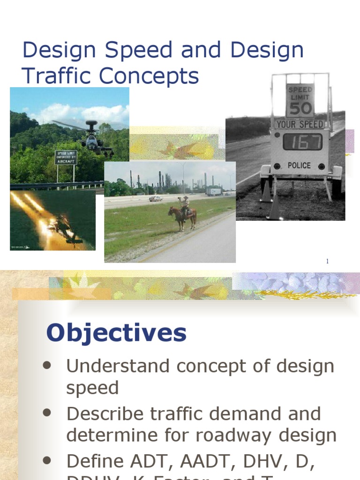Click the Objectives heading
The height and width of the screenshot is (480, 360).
pyautogui.click(x=116, y=333)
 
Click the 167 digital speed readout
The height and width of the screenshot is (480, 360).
pyautogui.click(x=302, y=142)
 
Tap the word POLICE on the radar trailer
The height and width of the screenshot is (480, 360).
pyautogui.click(x=299, y=165)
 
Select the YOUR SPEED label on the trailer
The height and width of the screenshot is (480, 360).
pyautogui.click(x=300, y=125)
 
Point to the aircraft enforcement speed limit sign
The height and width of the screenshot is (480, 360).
pyautogui.click(x=66, y=157)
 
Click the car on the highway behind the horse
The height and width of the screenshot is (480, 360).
pyautogui.click(x=156, y=199)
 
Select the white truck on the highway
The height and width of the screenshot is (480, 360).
pyautogui.click(x=214, y=191)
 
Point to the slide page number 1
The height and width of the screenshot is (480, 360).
pyautogui.click(x=328, y=261)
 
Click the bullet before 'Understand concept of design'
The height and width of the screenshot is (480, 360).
pyautogui.click(x=46, y=366)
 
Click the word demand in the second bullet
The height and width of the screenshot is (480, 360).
pyautogui.click(x=255, y=413)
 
